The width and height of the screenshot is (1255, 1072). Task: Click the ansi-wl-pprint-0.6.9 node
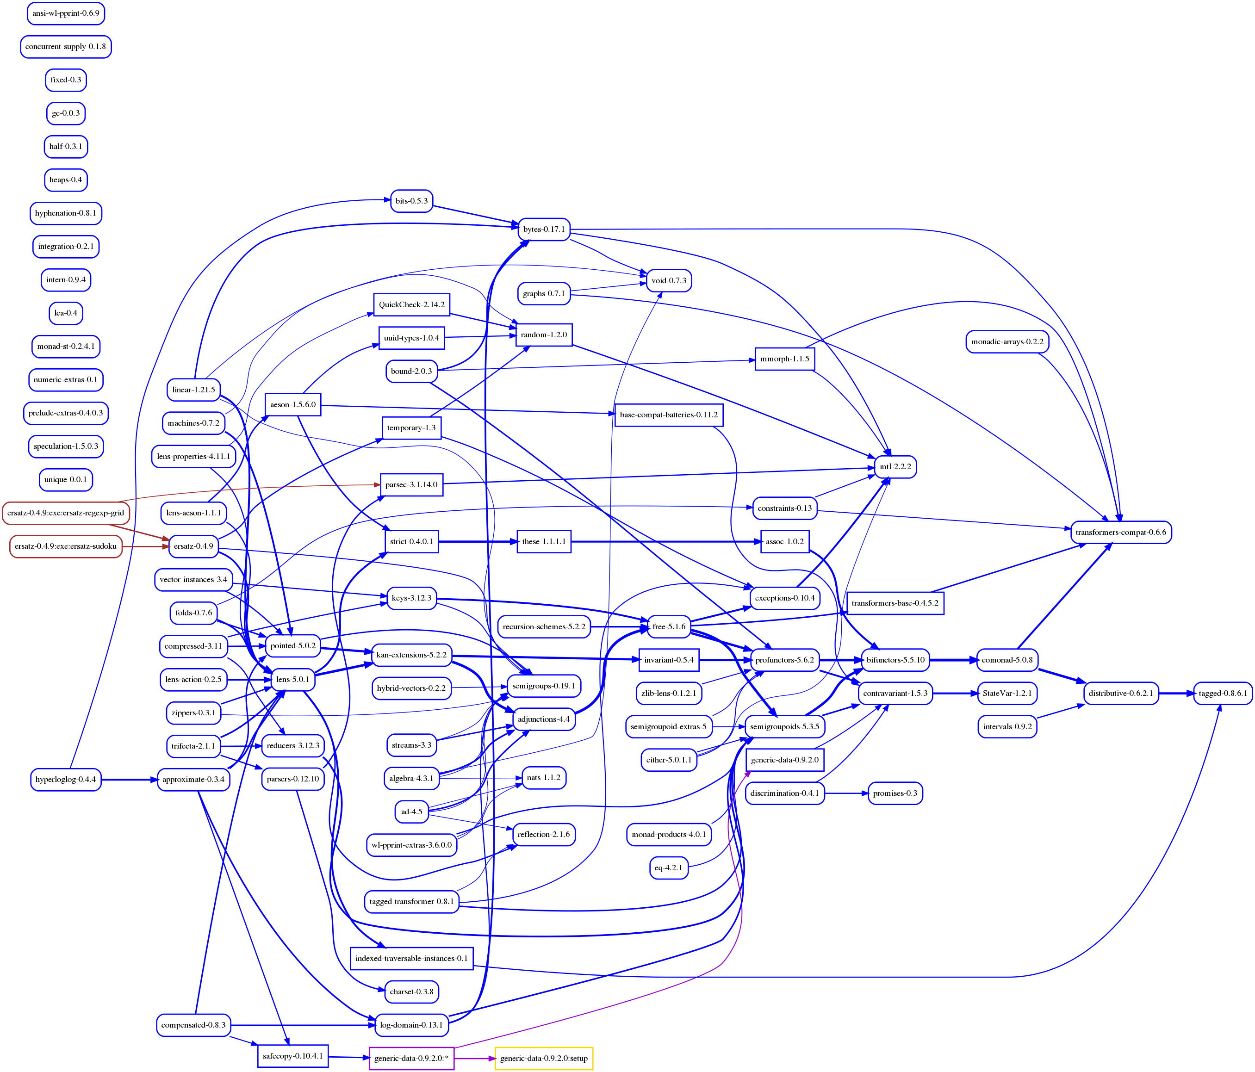pos(65,13)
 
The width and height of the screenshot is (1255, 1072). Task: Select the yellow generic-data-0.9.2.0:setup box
pos(543,1058)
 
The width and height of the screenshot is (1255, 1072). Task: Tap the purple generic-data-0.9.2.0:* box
pos(411,1058)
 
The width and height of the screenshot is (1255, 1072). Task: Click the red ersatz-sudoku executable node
pos(65,546)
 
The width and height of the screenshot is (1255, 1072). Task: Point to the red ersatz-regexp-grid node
pos(65,513)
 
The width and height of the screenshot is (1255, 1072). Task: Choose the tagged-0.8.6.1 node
pos(1222,693)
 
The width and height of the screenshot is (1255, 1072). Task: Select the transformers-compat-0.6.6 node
pos(1120,533)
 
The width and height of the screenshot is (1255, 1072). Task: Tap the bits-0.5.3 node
pos(411,201)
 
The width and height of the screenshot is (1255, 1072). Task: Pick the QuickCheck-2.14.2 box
pos(411,304)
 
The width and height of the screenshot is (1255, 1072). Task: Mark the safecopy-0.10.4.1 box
pos(292,1056)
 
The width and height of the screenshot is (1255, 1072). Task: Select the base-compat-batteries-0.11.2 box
pos(668,415)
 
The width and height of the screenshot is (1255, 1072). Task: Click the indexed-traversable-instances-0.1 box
pos(411,958)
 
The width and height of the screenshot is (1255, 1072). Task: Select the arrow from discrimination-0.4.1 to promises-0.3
pos(846,793)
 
